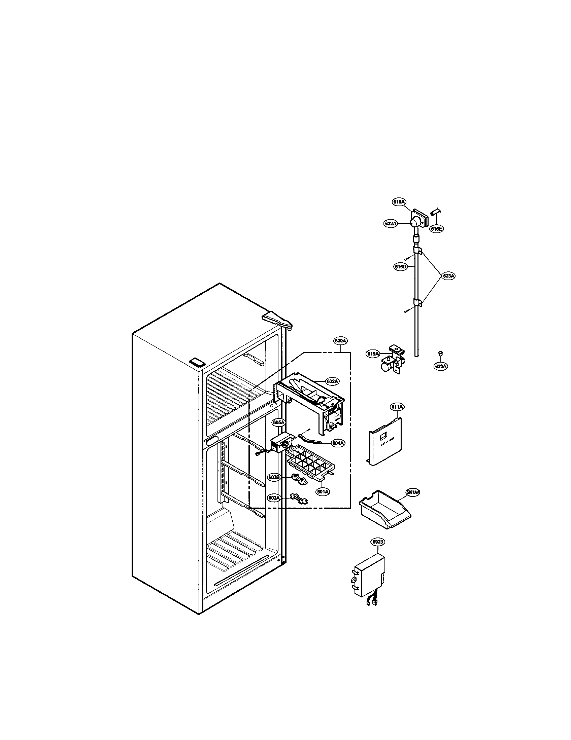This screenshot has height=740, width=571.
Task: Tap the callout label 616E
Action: (x=437, y=229)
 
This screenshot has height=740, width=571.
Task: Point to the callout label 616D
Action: (x=400, y=267)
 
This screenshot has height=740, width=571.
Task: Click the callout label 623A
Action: (x=448, y=276)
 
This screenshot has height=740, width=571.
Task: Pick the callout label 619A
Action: (x=373, y=354)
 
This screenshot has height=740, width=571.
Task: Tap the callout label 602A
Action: (x=332, y=381)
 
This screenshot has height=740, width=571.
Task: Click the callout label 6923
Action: (x=378, y=542)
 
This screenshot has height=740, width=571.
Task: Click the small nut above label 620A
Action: (x=440, y=354)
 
